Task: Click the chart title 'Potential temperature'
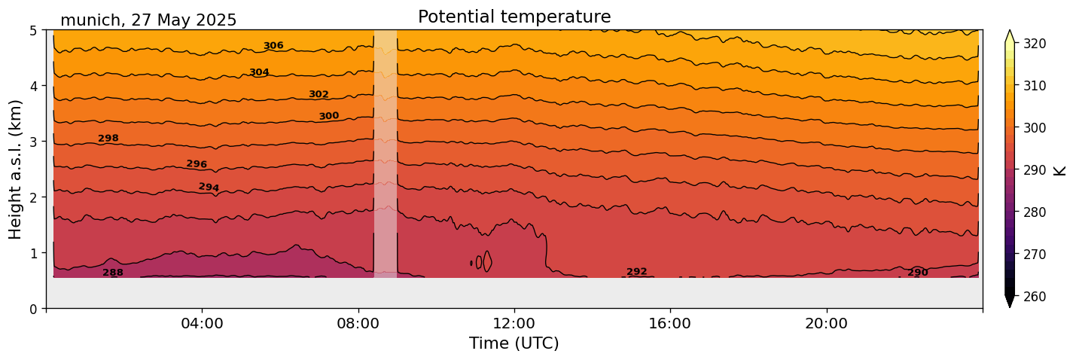514,17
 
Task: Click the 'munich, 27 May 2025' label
148,20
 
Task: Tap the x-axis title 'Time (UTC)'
514,343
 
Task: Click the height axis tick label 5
34,31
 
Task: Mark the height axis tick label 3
34,142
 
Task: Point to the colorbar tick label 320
1035,44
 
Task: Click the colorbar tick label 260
1035,297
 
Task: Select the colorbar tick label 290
1035,170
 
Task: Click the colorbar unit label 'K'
1060,170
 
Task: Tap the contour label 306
273,46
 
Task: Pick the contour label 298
108,139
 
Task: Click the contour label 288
113,273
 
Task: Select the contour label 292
637,272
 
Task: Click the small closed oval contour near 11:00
487,261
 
